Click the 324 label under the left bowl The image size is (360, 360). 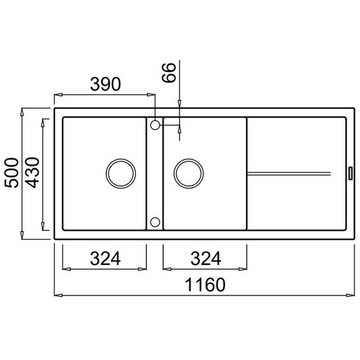(x=105, y=259)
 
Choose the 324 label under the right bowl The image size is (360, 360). (x=204, y=259)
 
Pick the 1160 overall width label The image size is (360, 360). (x=203, y=286)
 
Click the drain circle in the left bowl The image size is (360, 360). (x=120, y=171)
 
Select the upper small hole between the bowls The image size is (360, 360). (x=155, y=124)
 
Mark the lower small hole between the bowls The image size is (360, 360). (x=155, y=222)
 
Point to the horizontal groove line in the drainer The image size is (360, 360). (x=288, y=171)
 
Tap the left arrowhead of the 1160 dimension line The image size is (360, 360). (x=57, y=296)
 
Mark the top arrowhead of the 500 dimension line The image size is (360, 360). (x=23, y=110)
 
